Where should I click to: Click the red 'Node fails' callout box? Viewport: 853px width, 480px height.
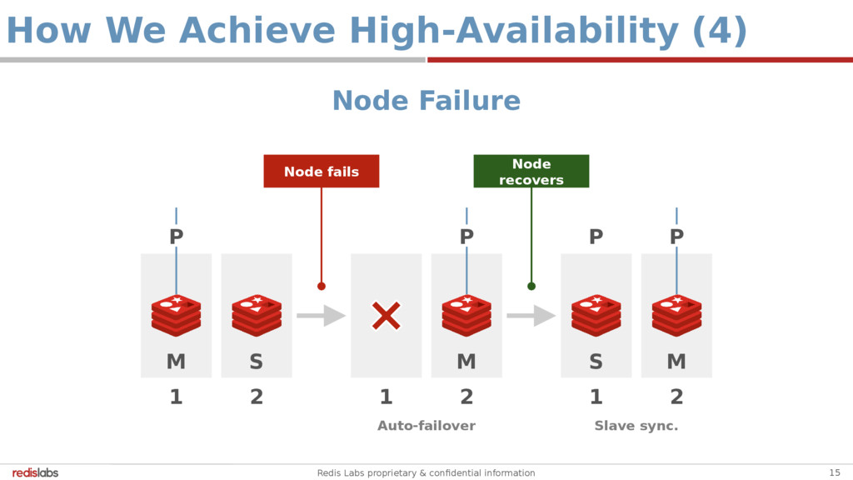click(x=322, y=172)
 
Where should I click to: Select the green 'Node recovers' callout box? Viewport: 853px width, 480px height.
click(x=531, y=172)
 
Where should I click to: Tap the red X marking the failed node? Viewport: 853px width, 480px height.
click(x=386, y=316)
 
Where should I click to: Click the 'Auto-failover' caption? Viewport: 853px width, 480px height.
click(x=426, y=426)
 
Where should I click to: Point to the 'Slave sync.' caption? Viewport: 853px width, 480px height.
click(x=636, y=426)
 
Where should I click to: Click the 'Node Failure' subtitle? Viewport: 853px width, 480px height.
click(x=426, y=101)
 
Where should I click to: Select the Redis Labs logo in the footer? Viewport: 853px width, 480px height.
click(x=36, y=472)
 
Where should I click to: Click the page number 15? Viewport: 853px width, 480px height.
click(x=835, y=472)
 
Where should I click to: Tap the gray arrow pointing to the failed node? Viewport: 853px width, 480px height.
click(x=322, y=316)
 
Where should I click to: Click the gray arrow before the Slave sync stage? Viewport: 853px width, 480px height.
click(x=531, y=316)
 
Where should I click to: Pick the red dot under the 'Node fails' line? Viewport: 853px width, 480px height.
click(x=322, y=286)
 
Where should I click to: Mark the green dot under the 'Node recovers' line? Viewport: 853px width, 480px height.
click(x=531, y=286)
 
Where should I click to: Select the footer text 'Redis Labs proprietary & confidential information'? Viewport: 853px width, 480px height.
click(x=426, y=472)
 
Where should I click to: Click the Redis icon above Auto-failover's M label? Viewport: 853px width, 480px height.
click(x=466, y=315)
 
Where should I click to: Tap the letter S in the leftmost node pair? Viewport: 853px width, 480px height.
click(x=257, y=362)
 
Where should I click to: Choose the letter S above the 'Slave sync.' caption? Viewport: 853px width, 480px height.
click(x=596, y=362)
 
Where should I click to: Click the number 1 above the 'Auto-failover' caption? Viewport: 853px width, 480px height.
click(x=386, y=397)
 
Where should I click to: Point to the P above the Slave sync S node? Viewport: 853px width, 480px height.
click(x=596, y=237)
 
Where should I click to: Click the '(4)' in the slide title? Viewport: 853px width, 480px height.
click(x=720, y=32)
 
